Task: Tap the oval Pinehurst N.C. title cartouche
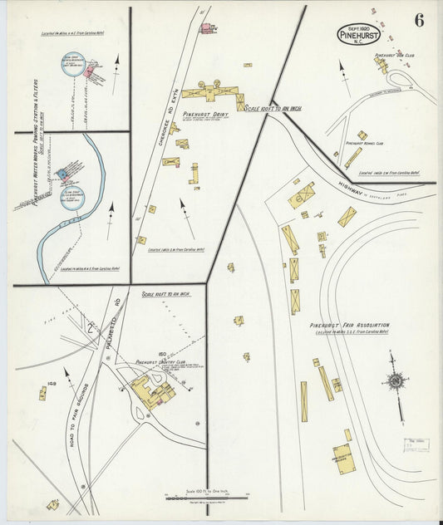[359, 35]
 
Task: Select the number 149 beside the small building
[52, 384]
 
